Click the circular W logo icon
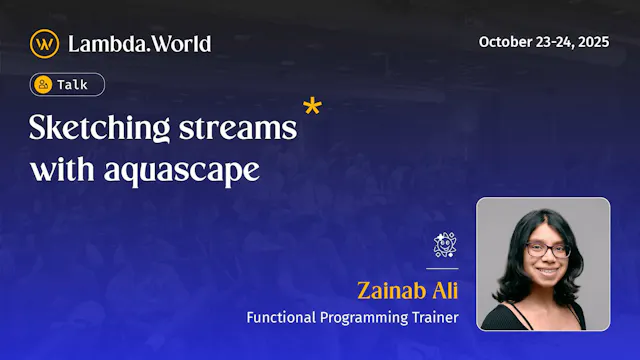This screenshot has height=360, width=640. point(44,43)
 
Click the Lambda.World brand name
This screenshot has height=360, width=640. point(139,43)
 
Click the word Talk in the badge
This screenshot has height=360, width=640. point(72,85)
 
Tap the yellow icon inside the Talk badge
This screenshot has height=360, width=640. point(43,85)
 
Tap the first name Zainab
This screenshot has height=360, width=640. point(393,291)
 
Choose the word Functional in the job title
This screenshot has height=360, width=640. point(283,318)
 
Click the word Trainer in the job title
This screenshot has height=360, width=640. point(432,318)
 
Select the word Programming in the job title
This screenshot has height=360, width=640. point(362,318)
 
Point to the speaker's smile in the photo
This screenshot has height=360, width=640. point(546,273)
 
